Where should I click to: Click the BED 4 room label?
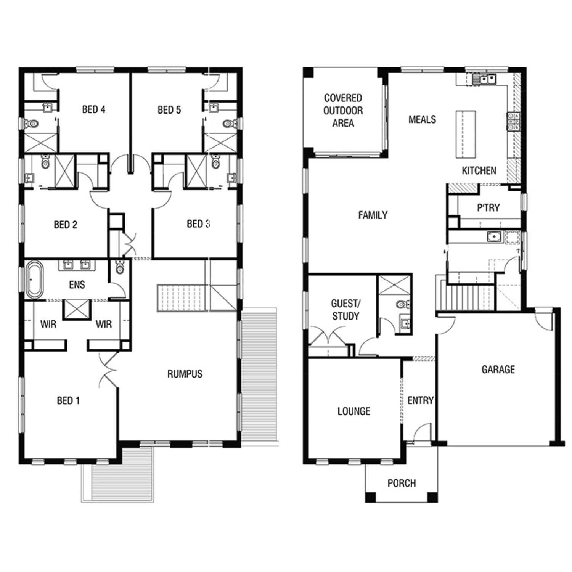point(94,110)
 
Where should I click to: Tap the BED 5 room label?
point(169,110)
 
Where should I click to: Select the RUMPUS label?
point(185,374)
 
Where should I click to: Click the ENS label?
point(77,285)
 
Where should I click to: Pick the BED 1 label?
point(68,401)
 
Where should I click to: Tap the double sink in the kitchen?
point(484,79)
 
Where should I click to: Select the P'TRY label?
point(488,208)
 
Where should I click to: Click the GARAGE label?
point(498,370)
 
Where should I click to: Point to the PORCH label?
point(402,484)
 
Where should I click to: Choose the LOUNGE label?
point(354,411)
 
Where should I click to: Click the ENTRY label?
point(421,400)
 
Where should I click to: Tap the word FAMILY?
point(373,215)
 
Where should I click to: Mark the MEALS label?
point(422,120)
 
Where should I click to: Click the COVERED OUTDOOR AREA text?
point(343,111)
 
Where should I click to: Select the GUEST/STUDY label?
point(345,310)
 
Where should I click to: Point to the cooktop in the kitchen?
point(513,121)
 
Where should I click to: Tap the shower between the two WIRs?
point(77,310)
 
